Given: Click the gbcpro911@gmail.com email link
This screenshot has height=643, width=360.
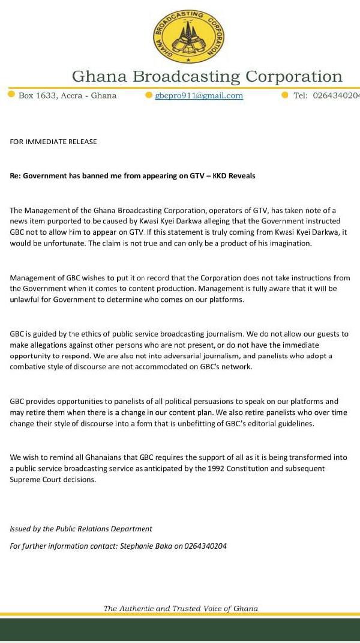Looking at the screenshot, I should [x=199, y=95].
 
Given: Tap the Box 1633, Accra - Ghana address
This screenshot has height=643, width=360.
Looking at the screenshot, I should [x=68, y=95].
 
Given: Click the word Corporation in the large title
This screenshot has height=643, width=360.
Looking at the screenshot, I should [x=293, y=77].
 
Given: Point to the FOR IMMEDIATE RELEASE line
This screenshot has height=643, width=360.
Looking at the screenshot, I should [x=53, y=142].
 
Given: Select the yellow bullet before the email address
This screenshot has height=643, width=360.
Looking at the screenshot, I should [x=149, y=95].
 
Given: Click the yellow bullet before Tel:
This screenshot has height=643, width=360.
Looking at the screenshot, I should [x=284, y=95].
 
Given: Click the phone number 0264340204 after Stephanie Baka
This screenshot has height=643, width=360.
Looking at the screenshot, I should [x=206, y=546].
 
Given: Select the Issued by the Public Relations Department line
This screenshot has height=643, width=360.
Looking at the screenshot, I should [x=81, y=529].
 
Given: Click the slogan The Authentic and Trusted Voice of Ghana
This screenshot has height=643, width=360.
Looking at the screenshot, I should [x=181, y=608].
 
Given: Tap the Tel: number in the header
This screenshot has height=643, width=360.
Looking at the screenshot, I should [x=336, y=95].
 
